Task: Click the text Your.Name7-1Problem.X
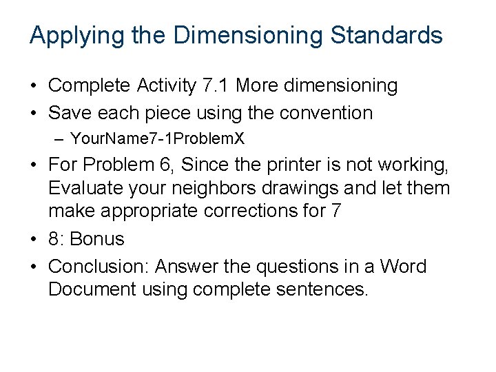[157, 138]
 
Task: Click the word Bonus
[97, 239]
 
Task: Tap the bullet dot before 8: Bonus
[34, 239]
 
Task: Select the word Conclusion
[98, 267]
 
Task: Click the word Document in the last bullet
[92, 289]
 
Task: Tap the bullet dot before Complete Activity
[34, 85]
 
